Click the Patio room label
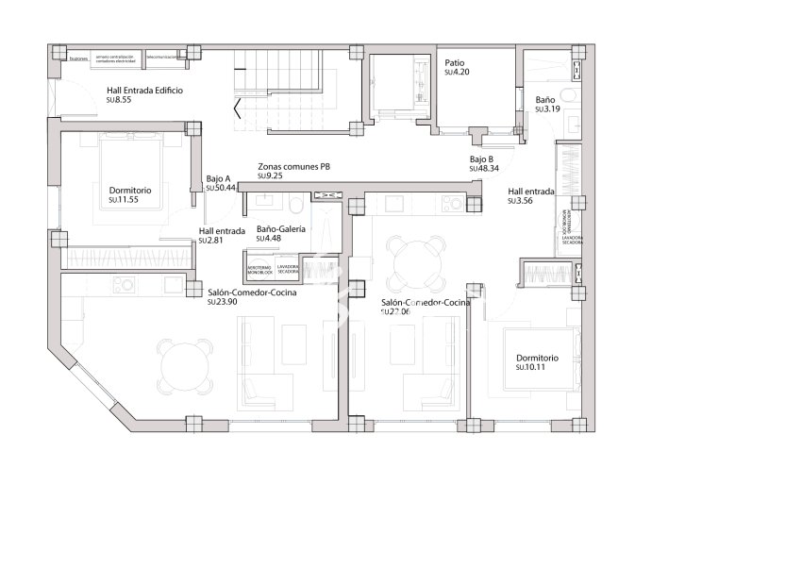[x=456, y=62]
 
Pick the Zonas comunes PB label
[x=293, y=166]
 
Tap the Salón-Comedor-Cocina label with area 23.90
[x=252, y=292]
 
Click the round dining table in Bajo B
[x=416, y=266]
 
